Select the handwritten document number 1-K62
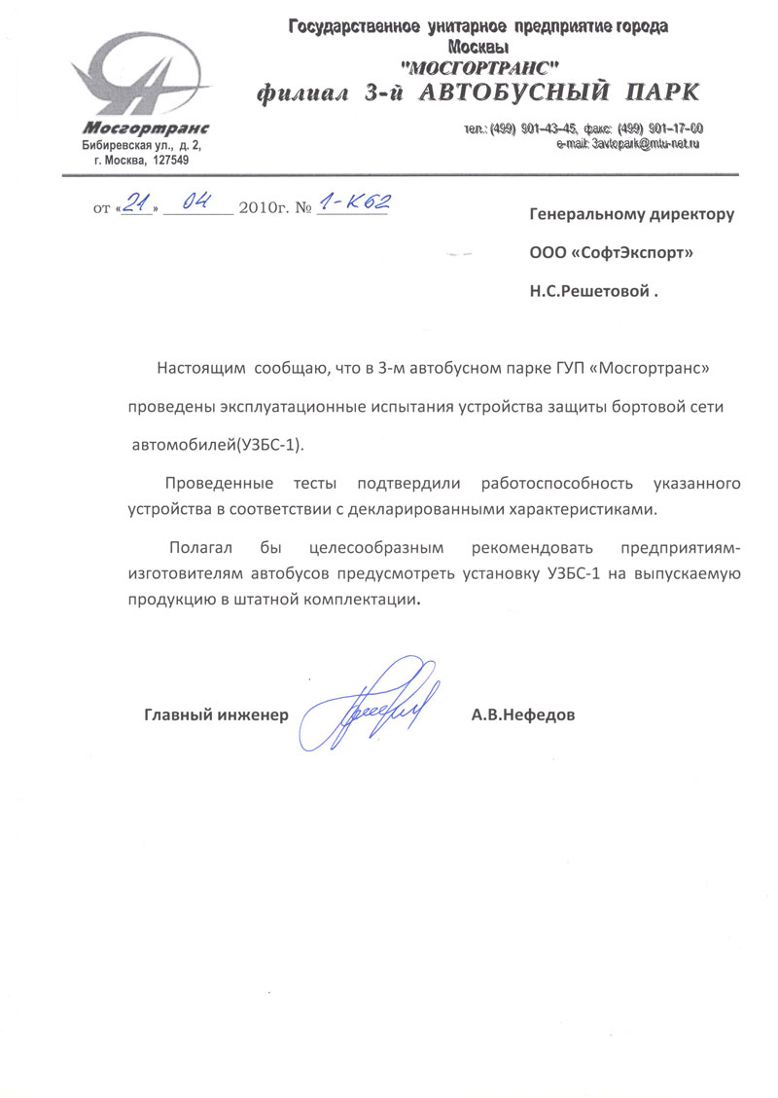(355, 201)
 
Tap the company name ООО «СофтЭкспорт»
(611, 253)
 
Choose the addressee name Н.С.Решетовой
(586, 291)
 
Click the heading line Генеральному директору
(631, 214)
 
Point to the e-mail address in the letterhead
(628, 143)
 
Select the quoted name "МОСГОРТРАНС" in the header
(479, 67)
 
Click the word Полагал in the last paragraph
(199, 548)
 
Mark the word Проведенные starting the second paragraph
(214, 483)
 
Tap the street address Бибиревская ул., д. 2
(141, 144)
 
